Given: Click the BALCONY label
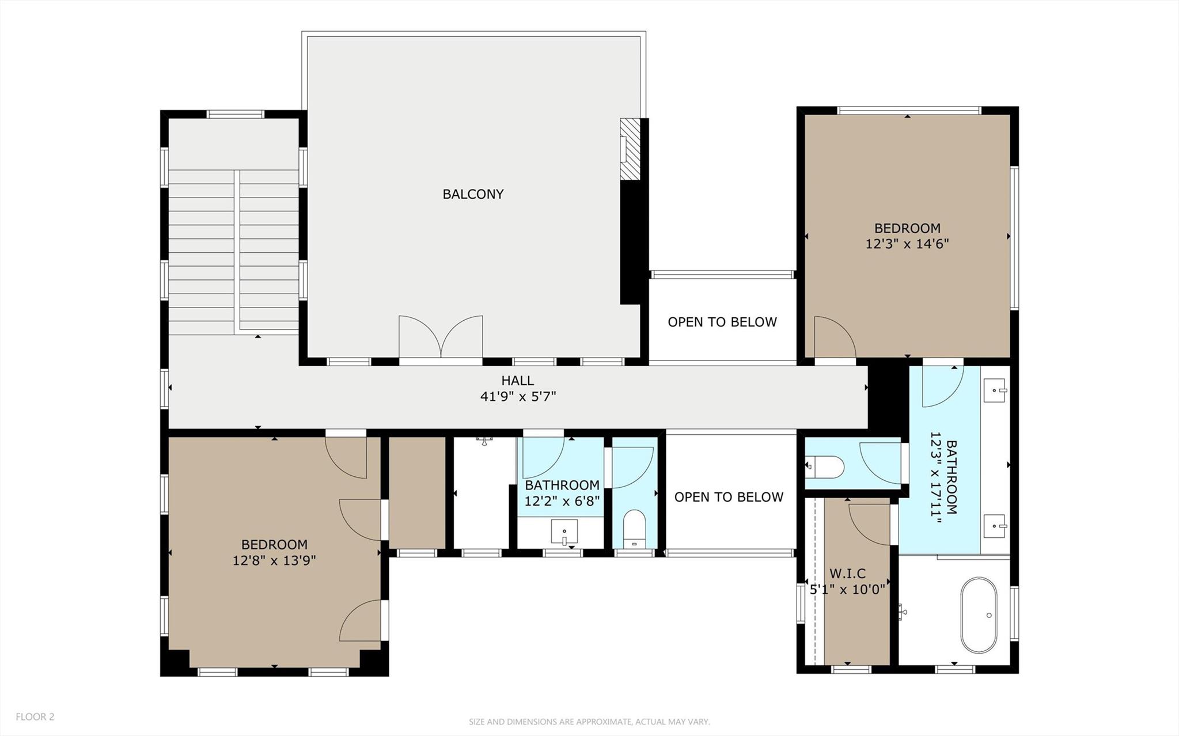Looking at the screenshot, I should pyautogui.click(x=473, y=194).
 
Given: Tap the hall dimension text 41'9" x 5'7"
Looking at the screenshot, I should pyautogui.click(x=518, y=396).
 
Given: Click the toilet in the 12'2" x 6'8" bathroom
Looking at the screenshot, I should pyautogui.click(x=635, y=528).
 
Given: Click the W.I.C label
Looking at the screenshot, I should pyautogui.click(x=847, y=574).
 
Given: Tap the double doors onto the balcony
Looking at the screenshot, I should pyautogui.click(x=441, y=338).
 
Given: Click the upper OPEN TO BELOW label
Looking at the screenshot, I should pyautogui.click(x=722, y=322).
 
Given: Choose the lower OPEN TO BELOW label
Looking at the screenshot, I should pyautogui.click(x=728, y=497).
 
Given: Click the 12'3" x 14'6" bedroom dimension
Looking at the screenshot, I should pyautogui.click(x=907, y=244).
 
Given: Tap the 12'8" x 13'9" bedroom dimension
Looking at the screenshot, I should pyautogui.click(x=274, y=560).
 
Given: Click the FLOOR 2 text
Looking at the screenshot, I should pyautogui.click(x=35, y=716).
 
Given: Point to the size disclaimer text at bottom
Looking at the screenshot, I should pyautogui.click(x=589, y=722).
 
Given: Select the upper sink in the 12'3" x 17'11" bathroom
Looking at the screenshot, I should pyautogui.click(x=995, y=390).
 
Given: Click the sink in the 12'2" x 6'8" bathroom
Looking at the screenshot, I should pyautogui.click(x=564, y=532).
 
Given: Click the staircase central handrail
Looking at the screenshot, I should pyautogui.click(x=237, y=251).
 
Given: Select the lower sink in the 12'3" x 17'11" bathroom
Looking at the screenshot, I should pyautogui.click(x=995, y=526).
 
